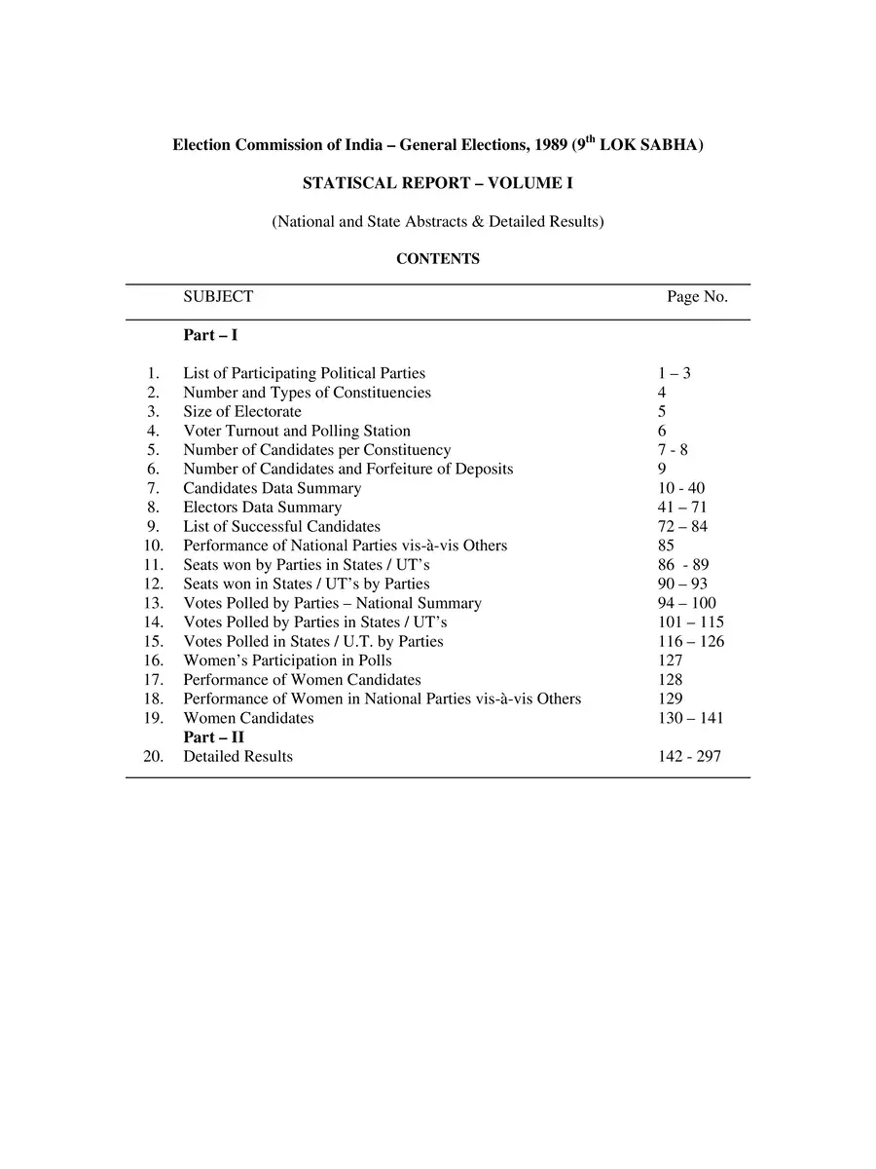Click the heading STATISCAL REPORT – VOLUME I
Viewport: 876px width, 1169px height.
437,183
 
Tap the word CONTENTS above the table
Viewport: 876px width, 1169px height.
437,259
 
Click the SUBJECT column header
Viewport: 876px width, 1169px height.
218,297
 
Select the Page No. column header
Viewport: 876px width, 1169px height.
697,297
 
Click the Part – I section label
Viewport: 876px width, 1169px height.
210,335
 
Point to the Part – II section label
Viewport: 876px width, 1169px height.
213,737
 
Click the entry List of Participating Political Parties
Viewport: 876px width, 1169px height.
304,373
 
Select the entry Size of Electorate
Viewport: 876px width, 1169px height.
242,411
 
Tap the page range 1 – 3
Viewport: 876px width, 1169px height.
674,373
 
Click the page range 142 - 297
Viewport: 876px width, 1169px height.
689,756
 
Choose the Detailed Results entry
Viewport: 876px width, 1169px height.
237,756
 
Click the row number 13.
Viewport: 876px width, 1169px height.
153,603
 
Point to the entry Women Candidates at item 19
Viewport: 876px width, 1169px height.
248,718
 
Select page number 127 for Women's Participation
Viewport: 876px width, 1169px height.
670,660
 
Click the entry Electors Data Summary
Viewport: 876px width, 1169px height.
262,508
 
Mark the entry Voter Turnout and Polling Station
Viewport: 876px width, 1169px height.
297,431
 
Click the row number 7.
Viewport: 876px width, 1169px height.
153,488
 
